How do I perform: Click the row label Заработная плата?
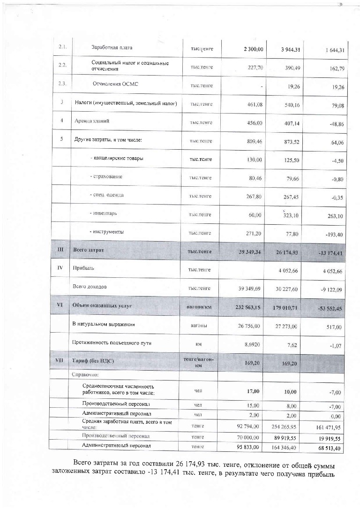pyautogui.click(x=112, y=48)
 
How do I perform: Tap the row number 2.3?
pyautogui.click(x=62, y=84)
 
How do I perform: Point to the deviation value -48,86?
pyautogui.click(x=335, y=125)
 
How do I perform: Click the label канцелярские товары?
pyautogui.click(x=116, y=159)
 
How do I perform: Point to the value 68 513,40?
pyautogui.click(x=331, y=448)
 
